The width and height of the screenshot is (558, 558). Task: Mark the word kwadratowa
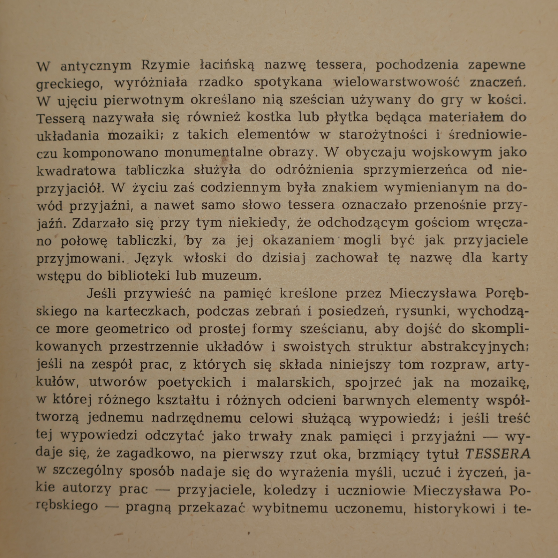(x=76, y=170)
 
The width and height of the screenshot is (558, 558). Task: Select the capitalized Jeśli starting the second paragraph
(x=101, y=294)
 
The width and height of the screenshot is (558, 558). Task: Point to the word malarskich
(x=295, y=383)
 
